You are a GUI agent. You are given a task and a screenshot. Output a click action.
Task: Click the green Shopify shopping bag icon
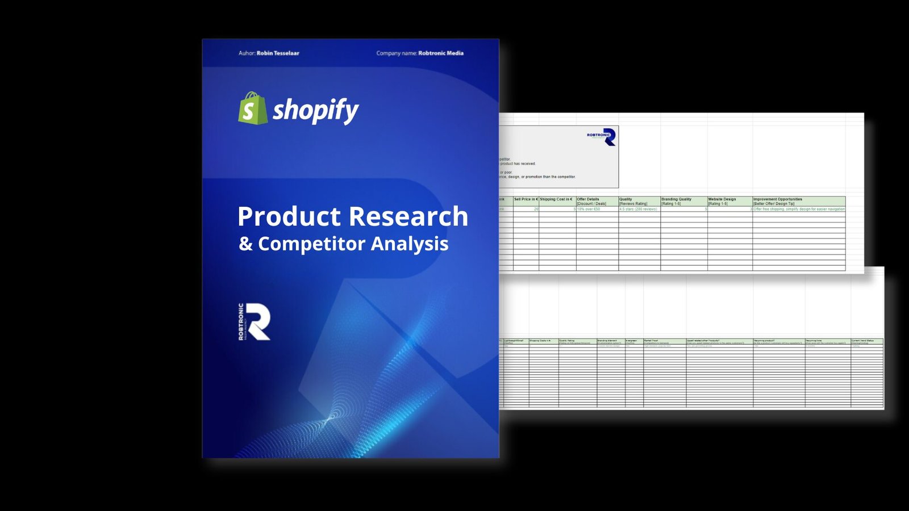pos(252,108)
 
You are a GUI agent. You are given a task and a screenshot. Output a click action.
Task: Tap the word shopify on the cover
pos(316,110)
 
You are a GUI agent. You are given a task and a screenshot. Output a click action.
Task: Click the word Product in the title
pos(289,216)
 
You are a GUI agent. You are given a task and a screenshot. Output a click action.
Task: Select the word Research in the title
pos(408,216)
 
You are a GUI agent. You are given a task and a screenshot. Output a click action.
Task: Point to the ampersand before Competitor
pos(245,244)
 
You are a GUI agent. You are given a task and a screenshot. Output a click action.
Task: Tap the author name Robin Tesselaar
pos(278,53)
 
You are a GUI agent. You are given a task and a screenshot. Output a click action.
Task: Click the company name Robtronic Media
pos(441,53)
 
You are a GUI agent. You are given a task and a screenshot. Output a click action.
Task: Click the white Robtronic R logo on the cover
pos(255,321)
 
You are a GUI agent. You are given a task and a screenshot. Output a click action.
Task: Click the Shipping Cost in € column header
pos(557,199)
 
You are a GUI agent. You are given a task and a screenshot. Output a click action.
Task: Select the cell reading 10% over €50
pos(589,209)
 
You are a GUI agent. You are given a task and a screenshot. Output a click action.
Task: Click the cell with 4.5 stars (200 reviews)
pos(639,209)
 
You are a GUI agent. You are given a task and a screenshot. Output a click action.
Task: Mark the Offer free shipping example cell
pos(799,209)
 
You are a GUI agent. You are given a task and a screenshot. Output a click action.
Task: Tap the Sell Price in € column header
pos(526,199)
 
